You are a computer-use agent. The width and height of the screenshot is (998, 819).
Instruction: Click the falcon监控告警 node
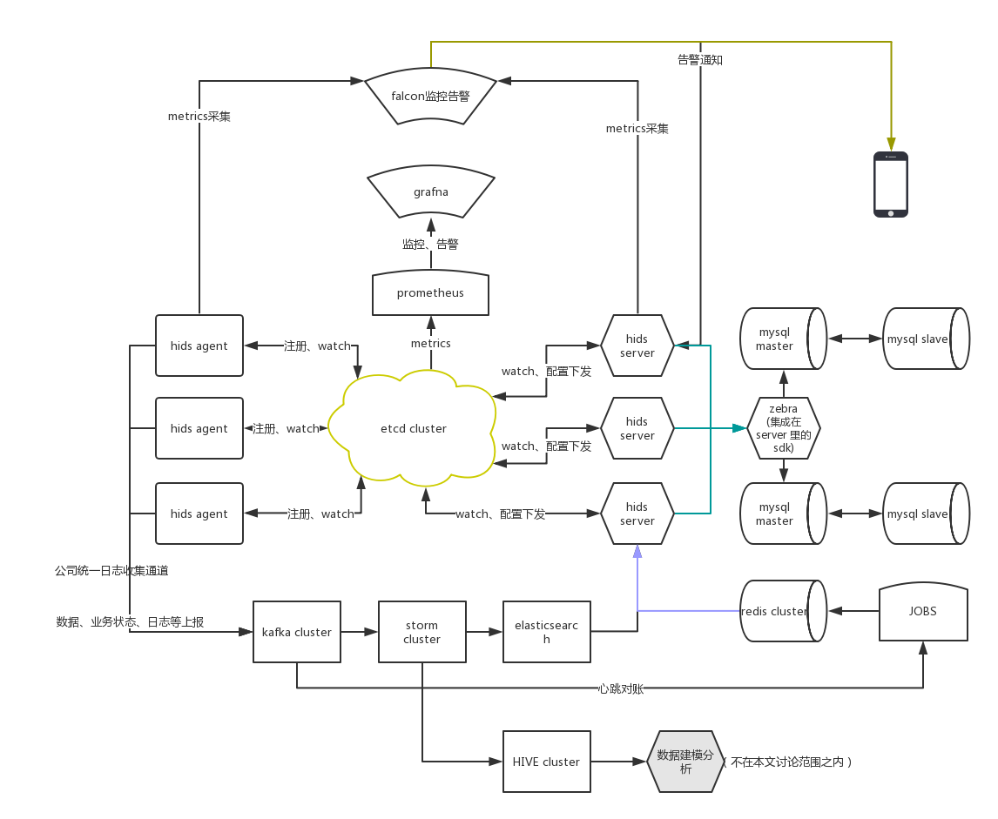[x=430, y=96]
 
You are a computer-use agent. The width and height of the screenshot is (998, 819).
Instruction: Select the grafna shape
[x=430, y=191]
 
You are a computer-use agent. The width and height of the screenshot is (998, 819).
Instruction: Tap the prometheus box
[x=430, y=293]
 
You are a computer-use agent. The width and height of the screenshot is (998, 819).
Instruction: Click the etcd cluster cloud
[x=414, y=428]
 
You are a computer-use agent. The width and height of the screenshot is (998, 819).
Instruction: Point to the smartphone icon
[x=891, y=185]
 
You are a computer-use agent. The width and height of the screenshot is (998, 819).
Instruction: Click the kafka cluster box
[x=296, y=632]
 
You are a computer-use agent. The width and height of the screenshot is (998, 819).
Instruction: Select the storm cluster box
[x=421, y=632]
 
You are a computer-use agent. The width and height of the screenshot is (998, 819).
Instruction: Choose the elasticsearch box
[x=546, y=632]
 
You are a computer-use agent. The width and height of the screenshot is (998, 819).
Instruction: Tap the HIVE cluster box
[x=546, y=762]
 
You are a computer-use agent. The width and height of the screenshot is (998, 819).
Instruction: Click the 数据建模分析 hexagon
[x=685, y=762]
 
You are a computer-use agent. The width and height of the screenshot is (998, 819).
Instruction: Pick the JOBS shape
[x=922, y=612]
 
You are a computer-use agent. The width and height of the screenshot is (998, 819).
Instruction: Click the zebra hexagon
[x=783, y=429]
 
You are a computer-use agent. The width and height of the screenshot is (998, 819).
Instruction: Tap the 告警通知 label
[x=699, y=60]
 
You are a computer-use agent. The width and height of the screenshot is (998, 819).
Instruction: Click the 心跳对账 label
[x=621, y=688]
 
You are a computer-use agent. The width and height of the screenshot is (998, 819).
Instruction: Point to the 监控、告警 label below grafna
[x=430, y=245]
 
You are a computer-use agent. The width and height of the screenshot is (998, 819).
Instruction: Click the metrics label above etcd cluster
[x=430, y=344]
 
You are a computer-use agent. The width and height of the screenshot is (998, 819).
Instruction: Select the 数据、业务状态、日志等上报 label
[x=130, y=621]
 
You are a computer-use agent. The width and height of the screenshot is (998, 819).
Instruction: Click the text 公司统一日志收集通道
[x=111, y=571]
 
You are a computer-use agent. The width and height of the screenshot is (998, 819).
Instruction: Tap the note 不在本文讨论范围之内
[x=791, y=762]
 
